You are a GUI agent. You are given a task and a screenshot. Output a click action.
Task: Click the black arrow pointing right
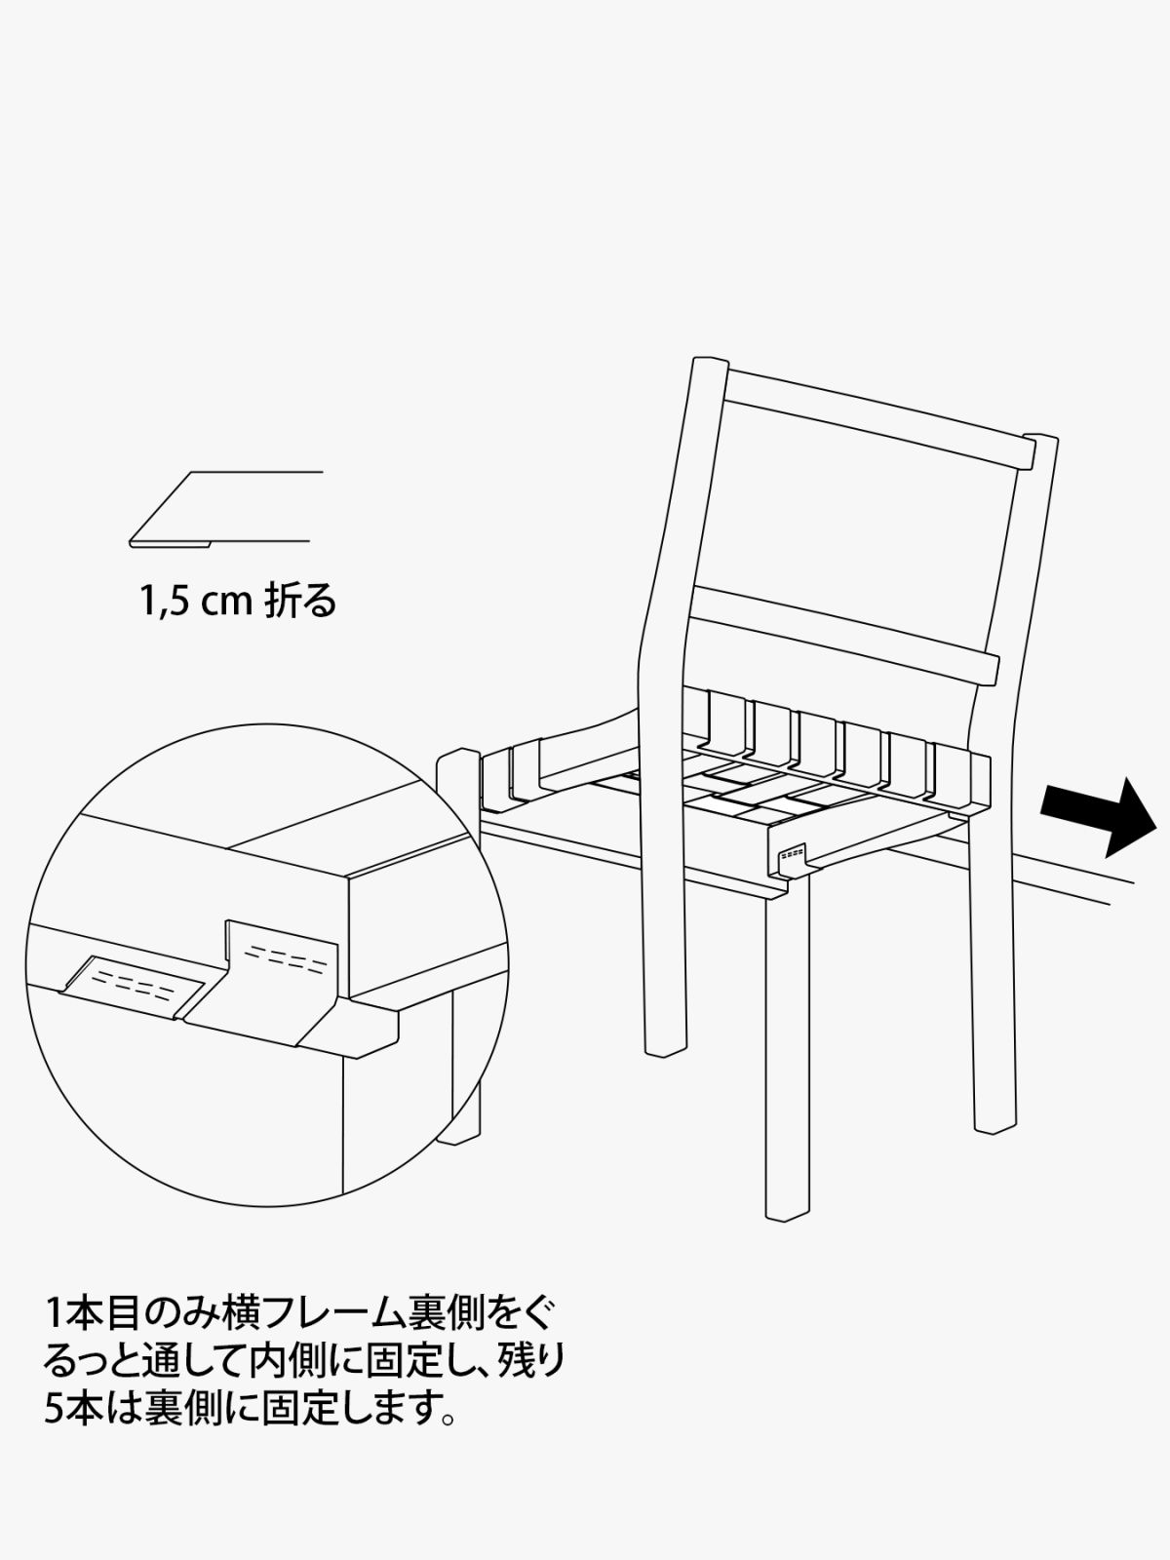[1099, 817]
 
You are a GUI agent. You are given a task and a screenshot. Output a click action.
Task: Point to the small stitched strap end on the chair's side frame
[793, 857]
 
